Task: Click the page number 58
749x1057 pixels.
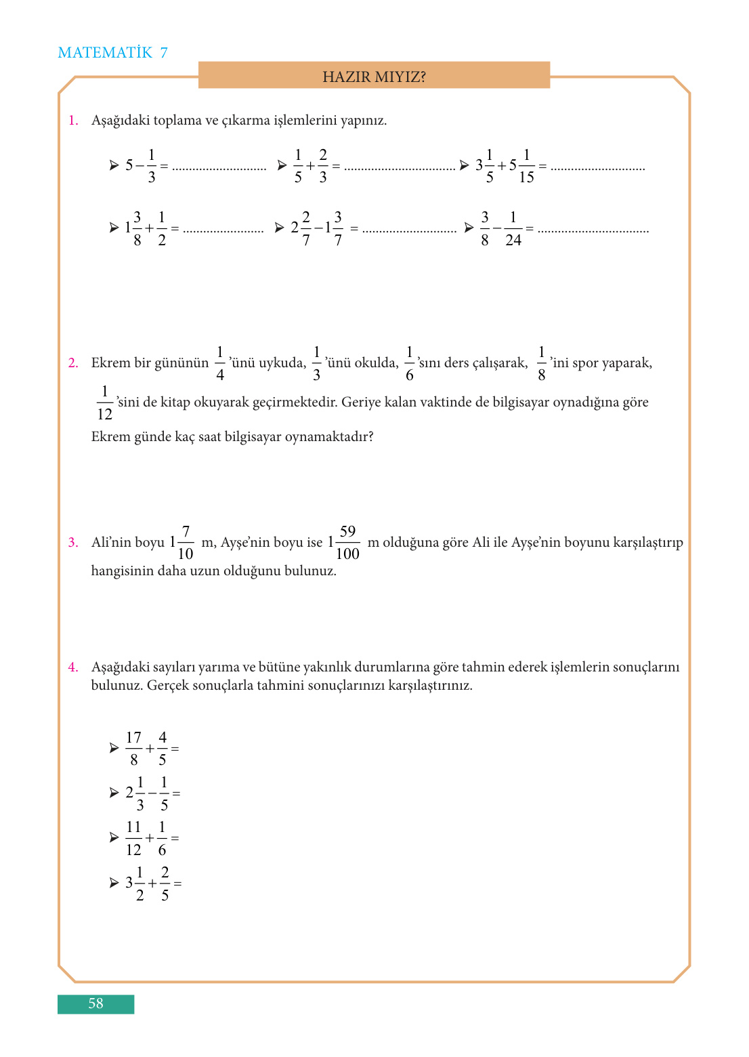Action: (95, 1003)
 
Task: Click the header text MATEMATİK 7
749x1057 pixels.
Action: (112, 53)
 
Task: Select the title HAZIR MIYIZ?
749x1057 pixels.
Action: (374, 77)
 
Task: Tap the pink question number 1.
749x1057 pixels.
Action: (73, 121)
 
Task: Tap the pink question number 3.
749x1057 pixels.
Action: (73, 543)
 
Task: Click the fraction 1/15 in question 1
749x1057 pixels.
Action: (526, 166)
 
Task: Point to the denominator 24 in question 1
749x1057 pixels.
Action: (513, 241)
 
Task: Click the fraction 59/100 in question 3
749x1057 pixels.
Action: (347, 543)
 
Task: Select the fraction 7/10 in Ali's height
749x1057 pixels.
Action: (186, 543)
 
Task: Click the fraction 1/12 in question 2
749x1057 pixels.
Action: (105, 403)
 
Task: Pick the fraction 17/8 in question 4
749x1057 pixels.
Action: (133, 749)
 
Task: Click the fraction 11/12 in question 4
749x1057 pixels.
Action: (133, 839)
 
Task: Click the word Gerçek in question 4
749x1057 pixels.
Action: (167, 686)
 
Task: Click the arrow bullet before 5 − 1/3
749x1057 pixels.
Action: (114, 165)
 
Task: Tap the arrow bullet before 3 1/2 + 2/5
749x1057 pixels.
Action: (114, 884)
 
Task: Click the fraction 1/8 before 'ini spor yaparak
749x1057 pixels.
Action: (542, 363)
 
